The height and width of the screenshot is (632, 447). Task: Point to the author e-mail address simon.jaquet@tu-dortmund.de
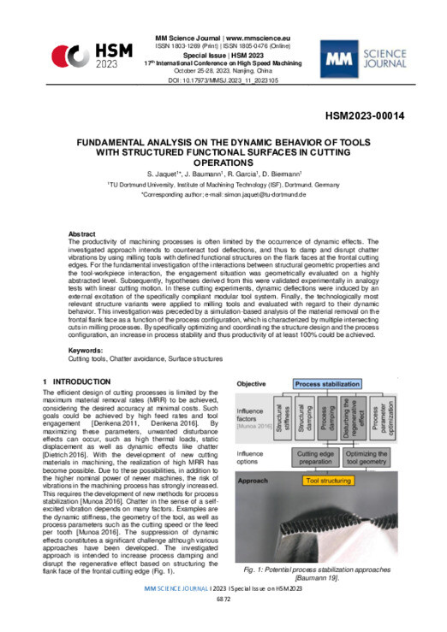click(x=254, y=196)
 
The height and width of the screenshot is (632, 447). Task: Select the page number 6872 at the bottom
click(x=223, y=620)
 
